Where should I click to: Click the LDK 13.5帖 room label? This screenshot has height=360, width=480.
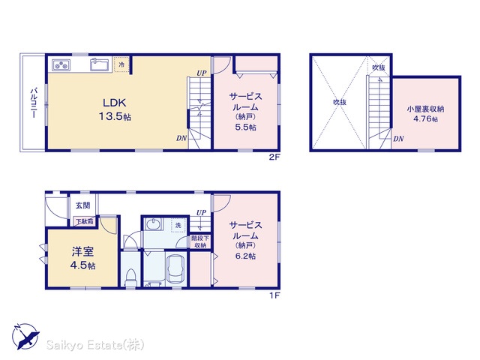click(x=115, y=109)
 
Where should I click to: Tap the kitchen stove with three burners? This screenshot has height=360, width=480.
click(x=61, y=65)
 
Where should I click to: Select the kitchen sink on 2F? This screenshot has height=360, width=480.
click(x=100, y=64)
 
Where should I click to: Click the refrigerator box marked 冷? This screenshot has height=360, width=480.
click(x=121, y=64)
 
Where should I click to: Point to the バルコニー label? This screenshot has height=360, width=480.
click(x=33, y=103)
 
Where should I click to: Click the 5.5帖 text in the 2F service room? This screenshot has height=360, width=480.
click(x=245, y=127)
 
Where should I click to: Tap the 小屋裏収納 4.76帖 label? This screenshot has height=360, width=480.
click(x=425, y=113)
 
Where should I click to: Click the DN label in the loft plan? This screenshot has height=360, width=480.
click(x=398, y=139)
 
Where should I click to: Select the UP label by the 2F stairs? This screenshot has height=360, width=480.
click(x=202, y=73)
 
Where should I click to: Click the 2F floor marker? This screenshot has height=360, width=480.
click(x=274, y=157)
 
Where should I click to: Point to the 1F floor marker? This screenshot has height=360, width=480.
click(x=274, y=295)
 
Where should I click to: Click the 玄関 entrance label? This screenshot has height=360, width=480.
click(x=83, y=205)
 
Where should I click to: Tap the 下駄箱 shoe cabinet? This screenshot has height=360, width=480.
click(x=85, y=221)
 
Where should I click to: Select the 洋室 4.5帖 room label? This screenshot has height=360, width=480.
click(x=82, y=258)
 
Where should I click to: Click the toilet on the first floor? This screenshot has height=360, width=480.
click(x=130, y=277)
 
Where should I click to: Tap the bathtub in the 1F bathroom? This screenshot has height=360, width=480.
click(x=175, y=269)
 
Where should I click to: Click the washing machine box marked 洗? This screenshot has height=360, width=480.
click(x=178, y=225)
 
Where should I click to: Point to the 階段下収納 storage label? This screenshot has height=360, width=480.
click(x=200, y=241)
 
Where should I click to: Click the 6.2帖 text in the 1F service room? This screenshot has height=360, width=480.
click(x=245, y=256)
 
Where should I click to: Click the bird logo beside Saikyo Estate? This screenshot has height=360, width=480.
click(x=25, y=337)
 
